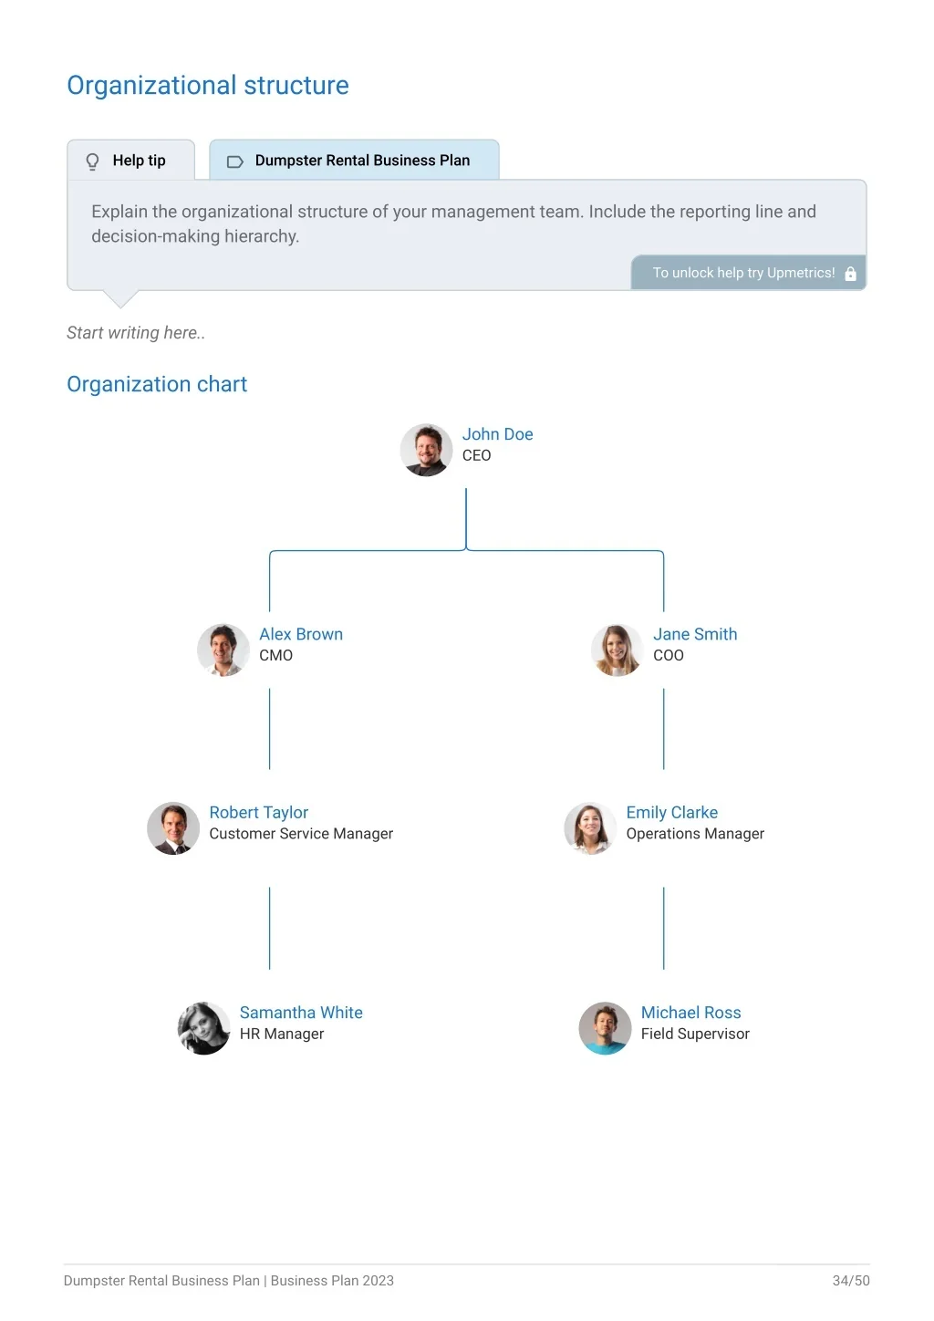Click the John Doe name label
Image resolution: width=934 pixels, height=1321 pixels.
coord(497,434)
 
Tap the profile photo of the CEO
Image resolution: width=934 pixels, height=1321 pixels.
coord(426,450)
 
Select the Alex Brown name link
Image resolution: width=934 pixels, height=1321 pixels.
coord(301,634)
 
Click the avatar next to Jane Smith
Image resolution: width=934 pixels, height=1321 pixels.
coord(617,650)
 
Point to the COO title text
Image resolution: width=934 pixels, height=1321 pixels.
coord(668,655)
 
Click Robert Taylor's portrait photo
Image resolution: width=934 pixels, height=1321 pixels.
coord(173,828)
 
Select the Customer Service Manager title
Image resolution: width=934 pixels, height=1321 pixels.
coord(301,833)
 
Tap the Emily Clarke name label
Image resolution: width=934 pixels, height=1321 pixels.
coord(671,812)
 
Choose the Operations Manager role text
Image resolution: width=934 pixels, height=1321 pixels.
coord(695,833)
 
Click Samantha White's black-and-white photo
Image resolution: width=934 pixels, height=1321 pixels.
coord(203,1028)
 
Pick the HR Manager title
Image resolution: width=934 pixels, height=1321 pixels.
coord(281,1034)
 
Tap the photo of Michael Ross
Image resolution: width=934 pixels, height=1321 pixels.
coord(605,1028)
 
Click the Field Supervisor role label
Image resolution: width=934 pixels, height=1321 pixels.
coord(695,1034)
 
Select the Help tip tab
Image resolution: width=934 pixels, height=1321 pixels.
coord(131,160)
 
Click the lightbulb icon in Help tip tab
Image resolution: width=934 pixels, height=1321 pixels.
coord(92,161)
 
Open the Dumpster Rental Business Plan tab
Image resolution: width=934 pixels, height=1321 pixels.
coord(355,160)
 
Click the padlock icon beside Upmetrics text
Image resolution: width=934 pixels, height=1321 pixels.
coord(850,273)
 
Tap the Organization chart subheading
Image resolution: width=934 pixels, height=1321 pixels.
coord(157,384)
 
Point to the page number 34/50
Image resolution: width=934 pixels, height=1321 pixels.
coord(851,1280)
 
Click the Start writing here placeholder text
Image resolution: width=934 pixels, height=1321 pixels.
coord(136,333)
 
